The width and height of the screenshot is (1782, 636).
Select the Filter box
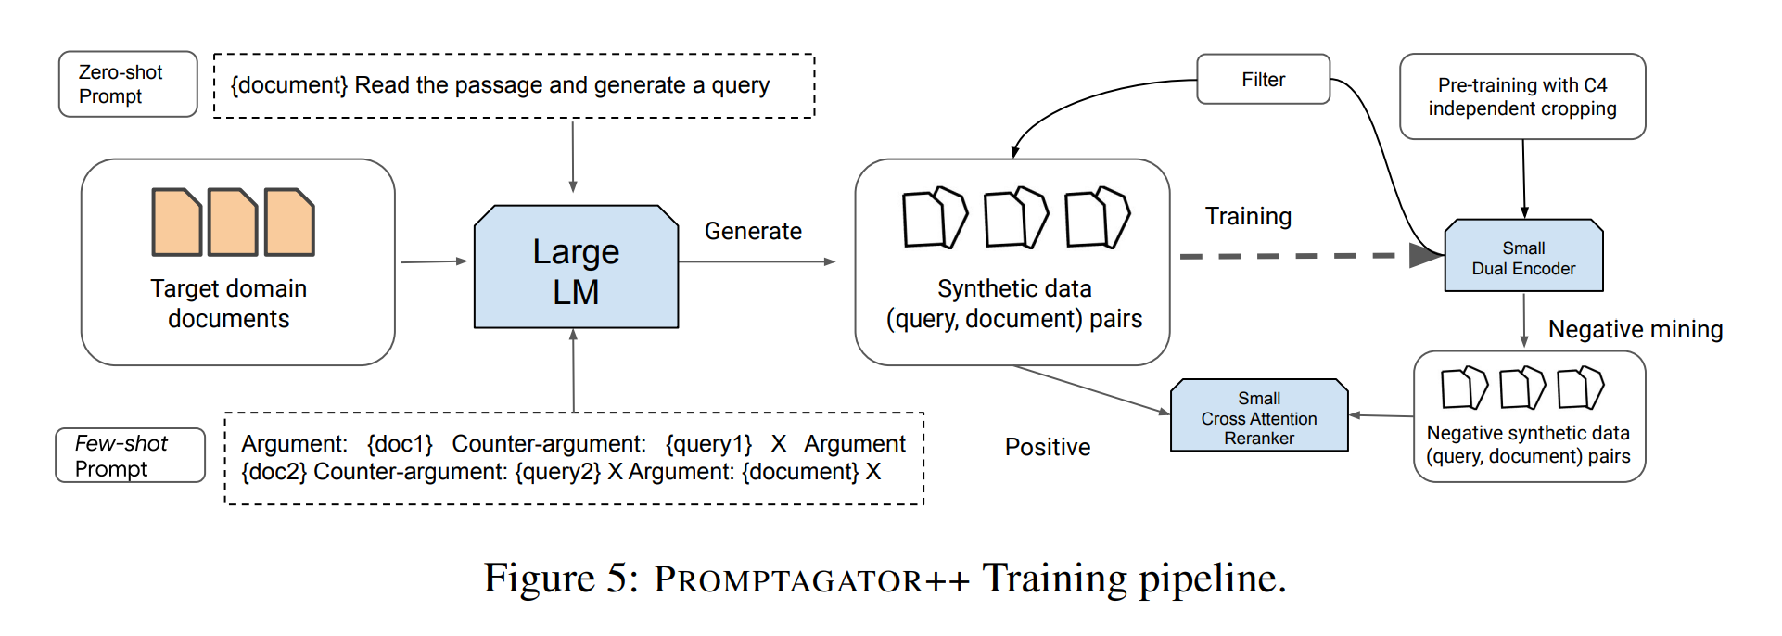coord(1263,80)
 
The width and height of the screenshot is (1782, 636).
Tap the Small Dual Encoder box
coord(1523,257)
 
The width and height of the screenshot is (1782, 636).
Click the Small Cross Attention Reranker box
coord(1258,416)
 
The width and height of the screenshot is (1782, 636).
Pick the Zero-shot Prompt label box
coord(128,84)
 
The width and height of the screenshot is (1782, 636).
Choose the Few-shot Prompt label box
coord(130,455)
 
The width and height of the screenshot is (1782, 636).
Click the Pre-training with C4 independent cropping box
coord(1521,96)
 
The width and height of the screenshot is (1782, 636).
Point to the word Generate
coord(753,231)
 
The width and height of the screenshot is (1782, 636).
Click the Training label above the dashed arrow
coord(1248,216)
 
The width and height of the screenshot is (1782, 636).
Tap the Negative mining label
coord(1635,329)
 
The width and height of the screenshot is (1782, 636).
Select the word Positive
coord(1048,447)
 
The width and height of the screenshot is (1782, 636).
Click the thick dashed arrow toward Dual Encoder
coord(1298,255)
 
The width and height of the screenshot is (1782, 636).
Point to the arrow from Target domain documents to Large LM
coord(433,261)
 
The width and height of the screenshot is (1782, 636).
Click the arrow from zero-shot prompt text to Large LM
coord(573,156)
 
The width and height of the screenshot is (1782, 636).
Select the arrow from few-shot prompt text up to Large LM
coord(574,371)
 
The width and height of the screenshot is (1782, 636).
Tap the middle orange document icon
coord(233,223)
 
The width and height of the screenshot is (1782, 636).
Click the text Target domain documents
coord(228,303)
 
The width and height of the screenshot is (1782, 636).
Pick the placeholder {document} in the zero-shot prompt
coord(288,85)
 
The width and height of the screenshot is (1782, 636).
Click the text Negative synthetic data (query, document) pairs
coord(1528,444)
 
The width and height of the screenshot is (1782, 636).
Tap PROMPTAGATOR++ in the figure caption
coord(811,579)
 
